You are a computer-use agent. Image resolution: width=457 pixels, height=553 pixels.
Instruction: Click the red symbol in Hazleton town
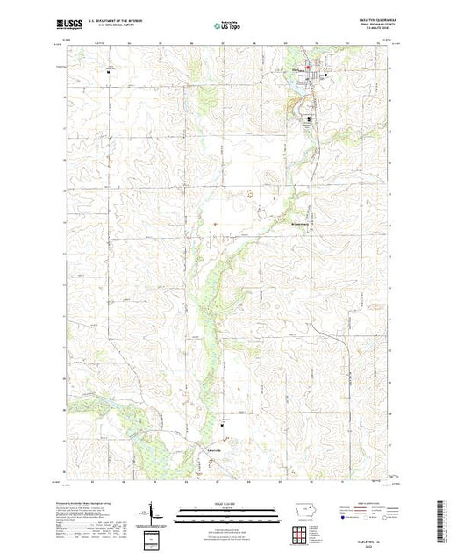click(308, 67)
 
